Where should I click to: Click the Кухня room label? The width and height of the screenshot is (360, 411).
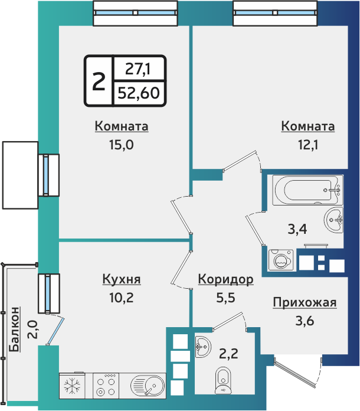click(x=122, y=279)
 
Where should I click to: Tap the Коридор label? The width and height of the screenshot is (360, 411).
click(x=225, y=279)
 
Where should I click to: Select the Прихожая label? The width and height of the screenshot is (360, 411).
click(x=304, y=303)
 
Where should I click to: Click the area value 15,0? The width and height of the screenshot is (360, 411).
click(x=122, y=145)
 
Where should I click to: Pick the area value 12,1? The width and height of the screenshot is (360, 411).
click(x=307, y=145)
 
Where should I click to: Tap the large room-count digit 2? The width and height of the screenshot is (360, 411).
click(x=99, y=81)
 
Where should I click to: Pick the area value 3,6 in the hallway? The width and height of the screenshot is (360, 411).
click(x=304, y=322)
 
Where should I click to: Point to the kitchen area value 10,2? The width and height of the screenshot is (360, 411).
click(x=122, y=298)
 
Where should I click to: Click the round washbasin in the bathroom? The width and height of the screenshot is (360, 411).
click(x=335, y=221)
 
